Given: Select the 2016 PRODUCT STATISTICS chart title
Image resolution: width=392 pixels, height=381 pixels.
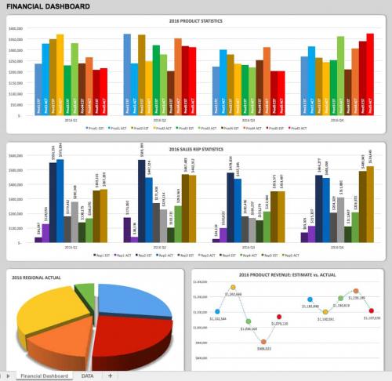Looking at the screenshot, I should click(x=195, y=21).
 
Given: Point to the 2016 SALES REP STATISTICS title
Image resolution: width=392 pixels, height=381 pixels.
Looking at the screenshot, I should click(x=195, y=149).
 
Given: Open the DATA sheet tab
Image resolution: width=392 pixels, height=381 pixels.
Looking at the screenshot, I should click(x=88, y=376).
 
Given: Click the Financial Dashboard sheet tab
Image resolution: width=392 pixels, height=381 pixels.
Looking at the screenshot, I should click(x=44, y=376).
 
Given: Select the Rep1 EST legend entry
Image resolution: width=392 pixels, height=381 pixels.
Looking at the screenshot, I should click(x=101, y=255).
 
